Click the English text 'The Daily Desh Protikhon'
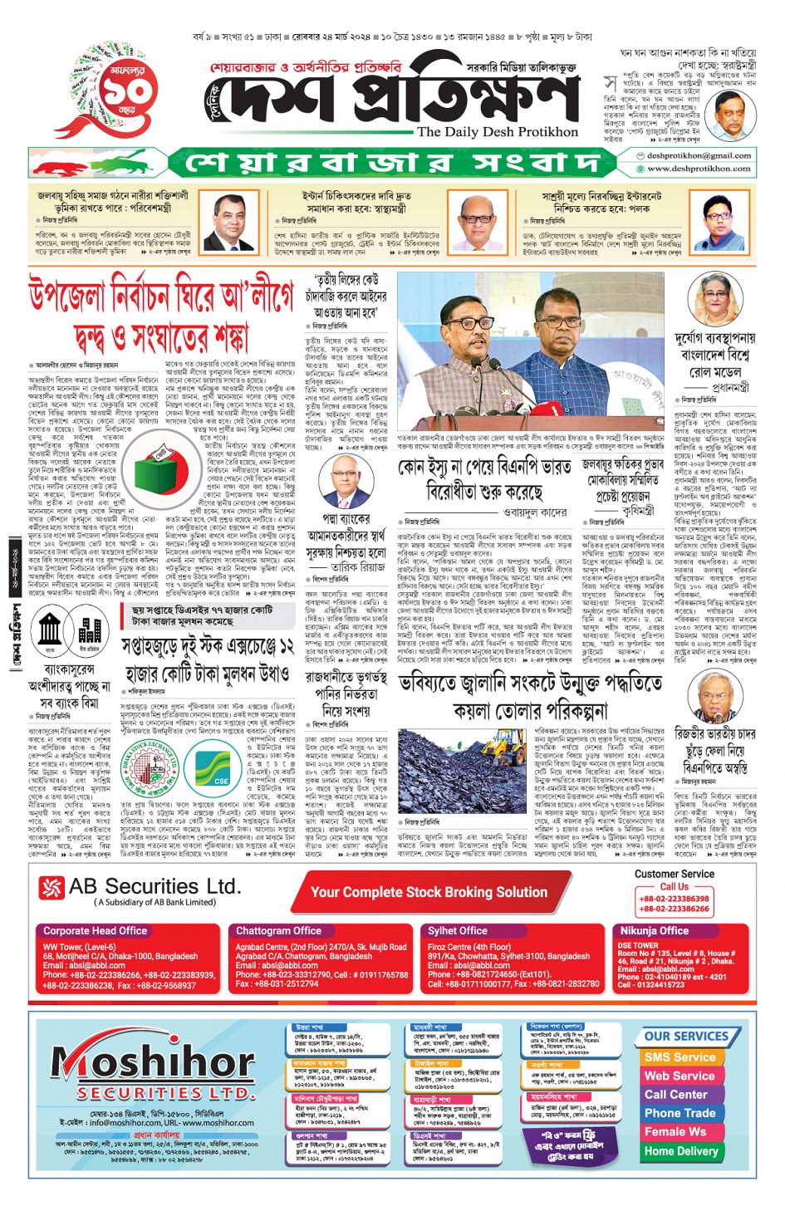tap(497, 132)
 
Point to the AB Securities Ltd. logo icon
tap(52, 888)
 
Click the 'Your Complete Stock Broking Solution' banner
tap(429, 892)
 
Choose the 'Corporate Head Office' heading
tap(95, 931)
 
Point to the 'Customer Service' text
tap(674, 874)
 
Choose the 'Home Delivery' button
tap(680, 1151)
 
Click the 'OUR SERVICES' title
tap(685, 1037)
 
